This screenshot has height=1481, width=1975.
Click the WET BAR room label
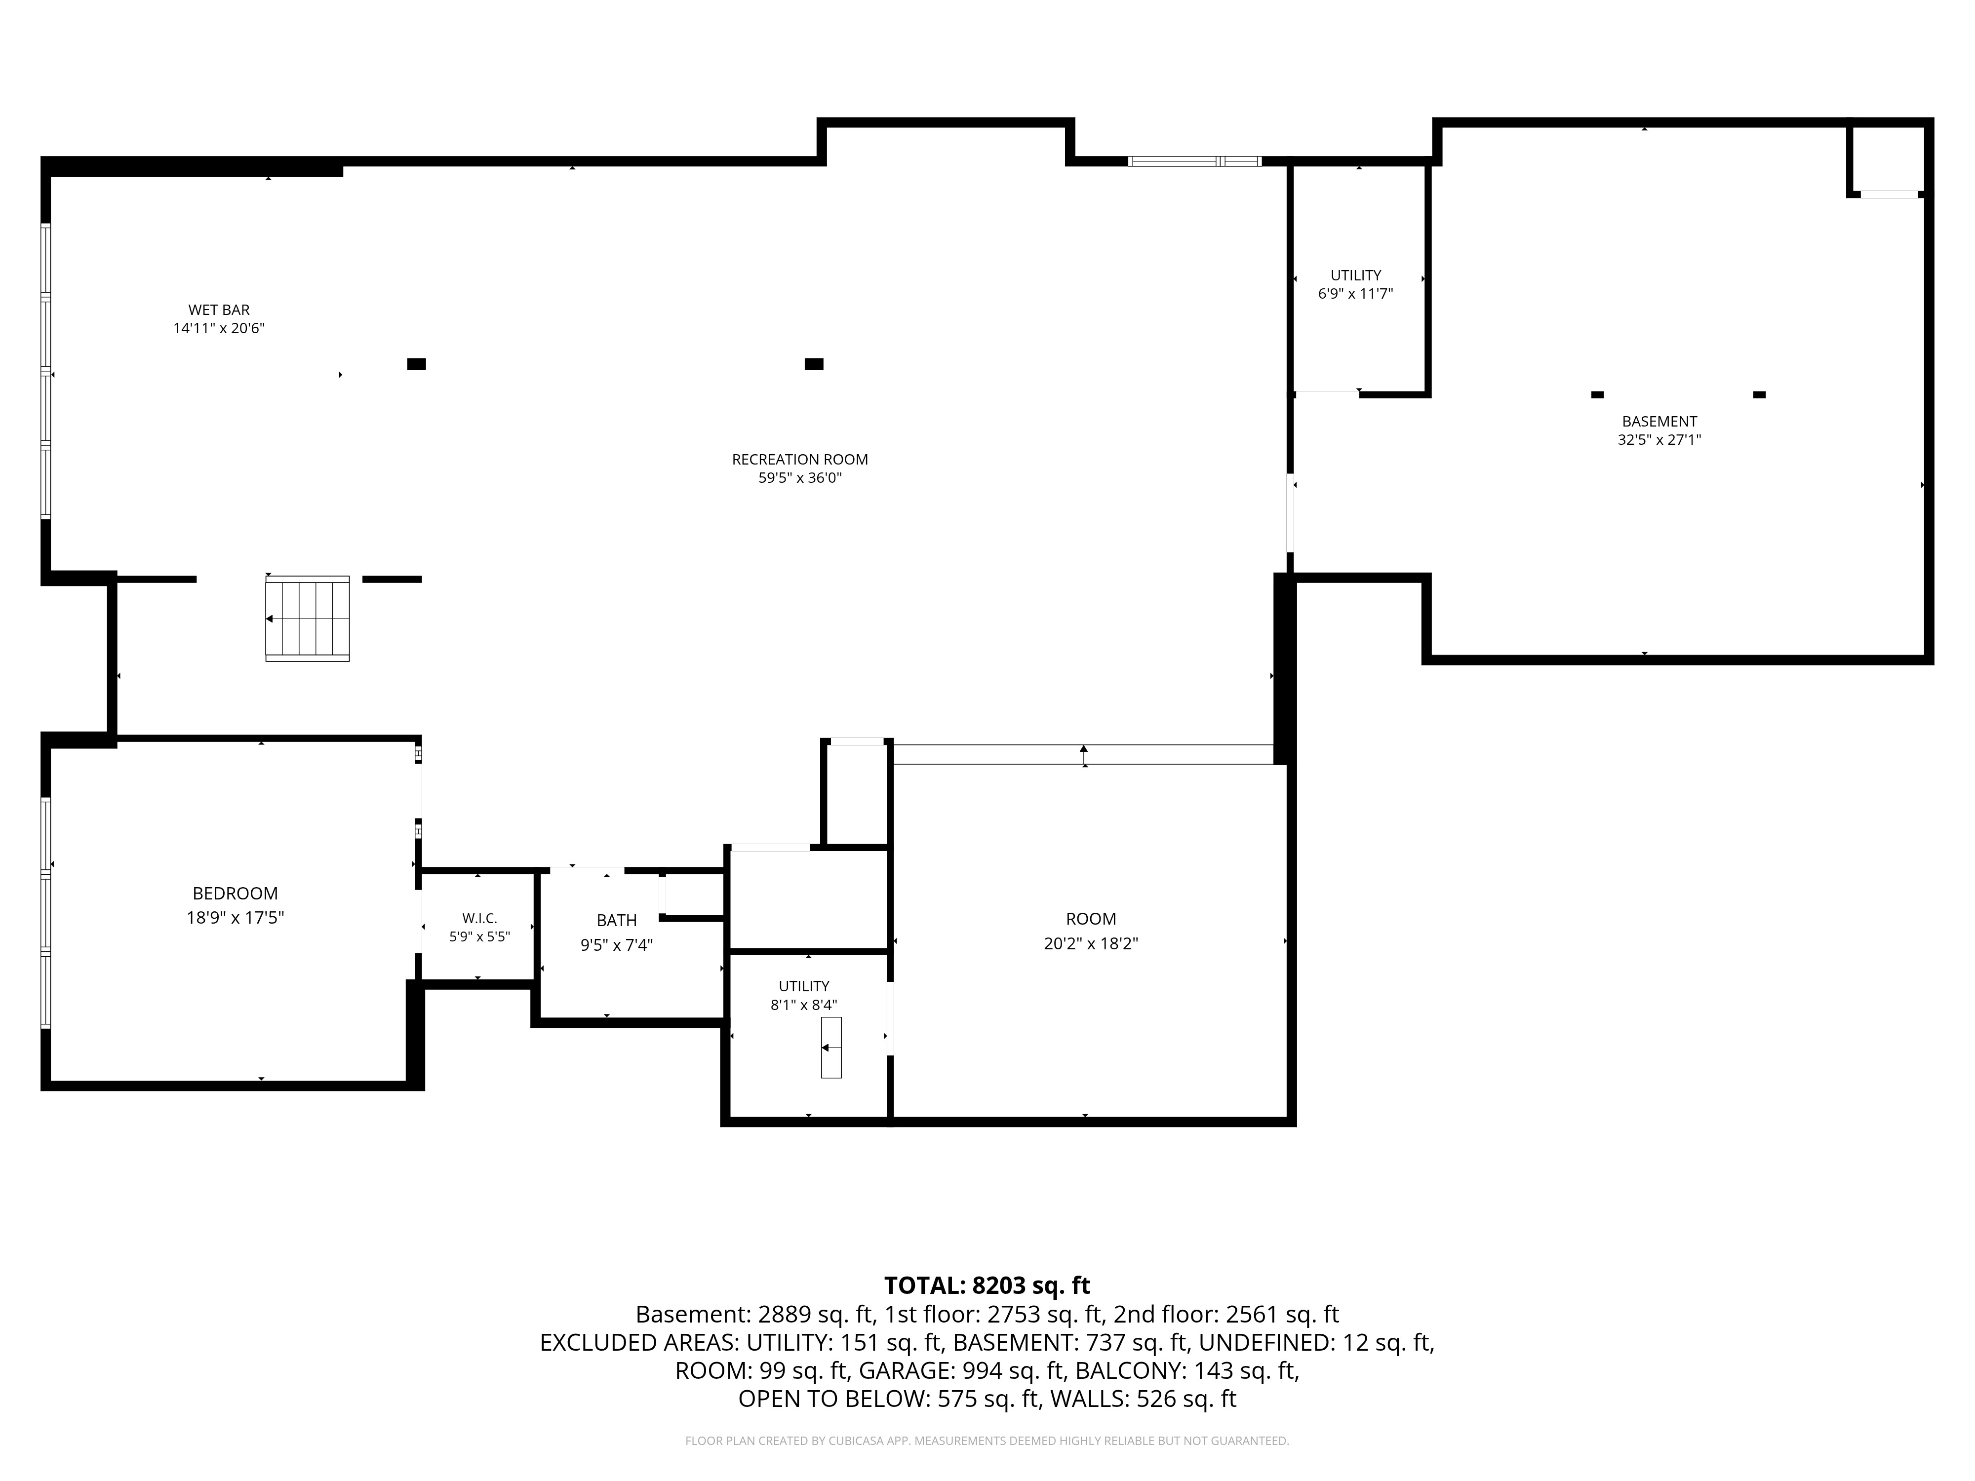[219, 310]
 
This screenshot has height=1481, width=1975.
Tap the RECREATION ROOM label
[800, 460]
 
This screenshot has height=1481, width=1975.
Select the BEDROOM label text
[236, 894]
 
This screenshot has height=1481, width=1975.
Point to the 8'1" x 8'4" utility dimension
[803, 1004]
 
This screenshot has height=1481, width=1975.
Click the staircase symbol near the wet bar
[307, 619]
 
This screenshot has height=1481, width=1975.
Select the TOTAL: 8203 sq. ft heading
[987, 1286]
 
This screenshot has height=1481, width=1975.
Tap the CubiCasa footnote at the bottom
[987, 1441]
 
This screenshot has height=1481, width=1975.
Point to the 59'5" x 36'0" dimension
[800, 477]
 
